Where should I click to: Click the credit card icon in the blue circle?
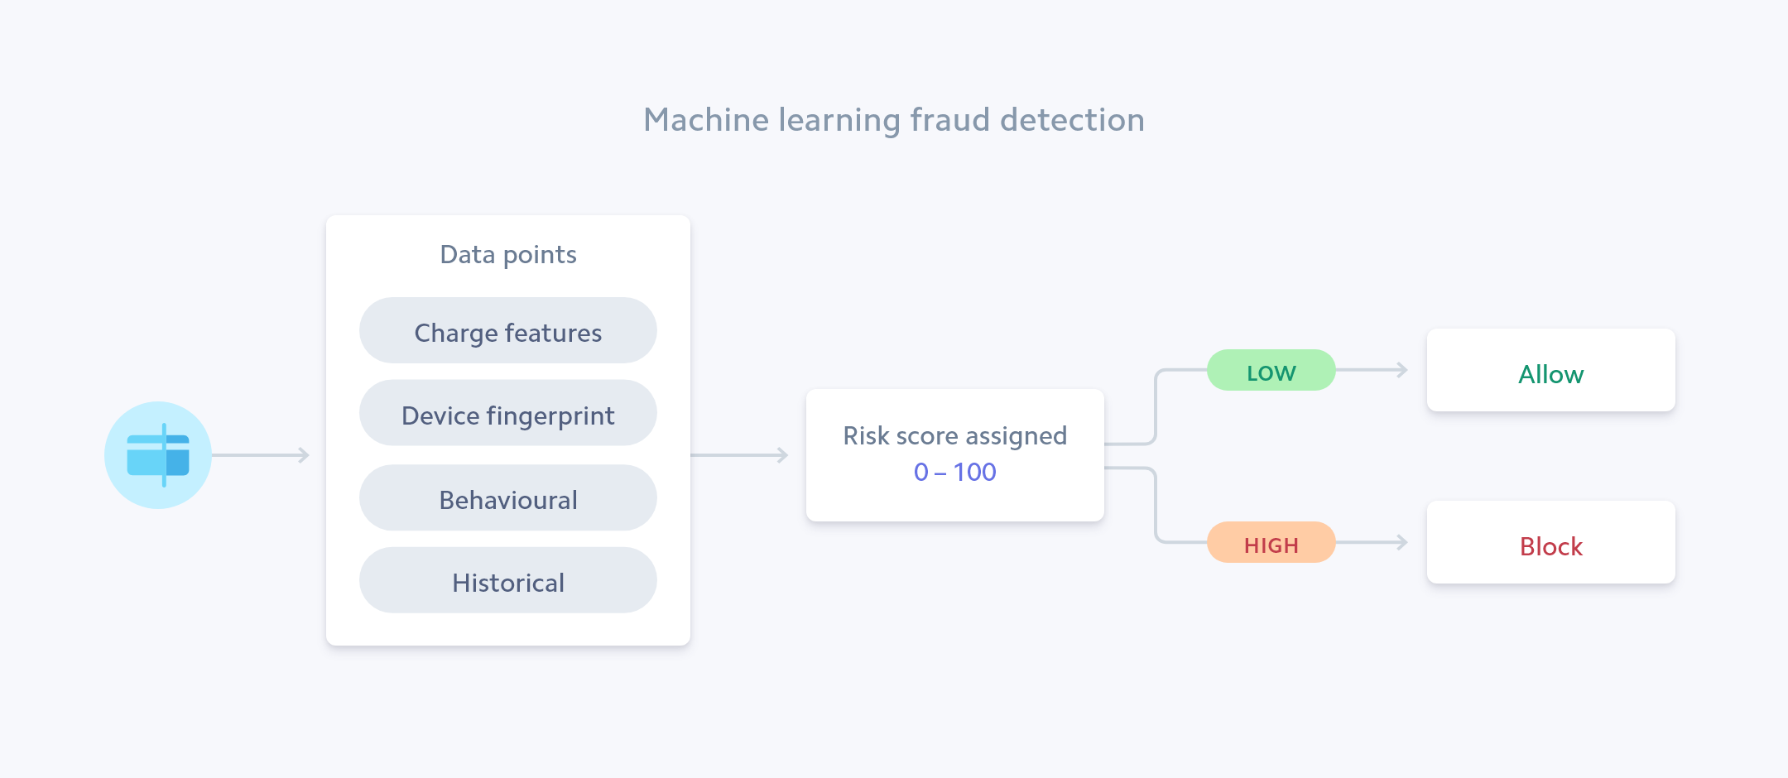158,455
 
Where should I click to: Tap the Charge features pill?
508,331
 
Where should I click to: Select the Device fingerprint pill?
508,414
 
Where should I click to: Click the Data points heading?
508,255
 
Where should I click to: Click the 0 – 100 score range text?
954,473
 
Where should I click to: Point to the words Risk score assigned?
954,436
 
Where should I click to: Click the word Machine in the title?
706,121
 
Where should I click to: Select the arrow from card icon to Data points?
261,455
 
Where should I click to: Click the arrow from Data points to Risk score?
739,455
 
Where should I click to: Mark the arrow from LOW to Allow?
1372,370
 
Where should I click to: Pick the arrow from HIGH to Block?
1372,543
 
